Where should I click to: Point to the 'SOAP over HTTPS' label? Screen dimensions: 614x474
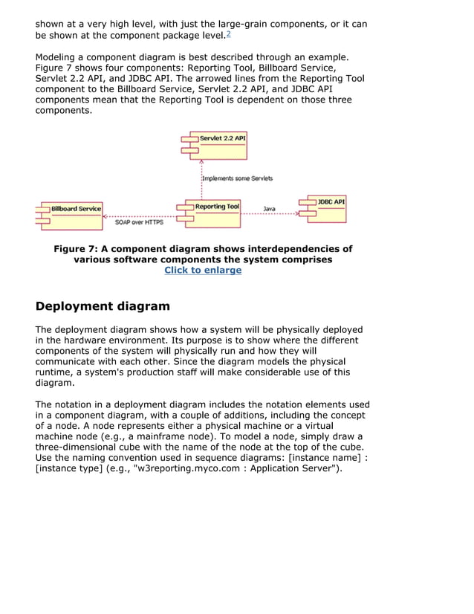click(139, 222)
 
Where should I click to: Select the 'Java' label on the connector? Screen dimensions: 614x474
click(269, 209)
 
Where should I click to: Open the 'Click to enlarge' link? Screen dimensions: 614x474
click(203, 271)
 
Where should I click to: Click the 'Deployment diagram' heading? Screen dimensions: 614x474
click(103, 306)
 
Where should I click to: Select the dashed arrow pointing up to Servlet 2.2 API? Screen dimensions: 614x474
click(201, 180)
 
